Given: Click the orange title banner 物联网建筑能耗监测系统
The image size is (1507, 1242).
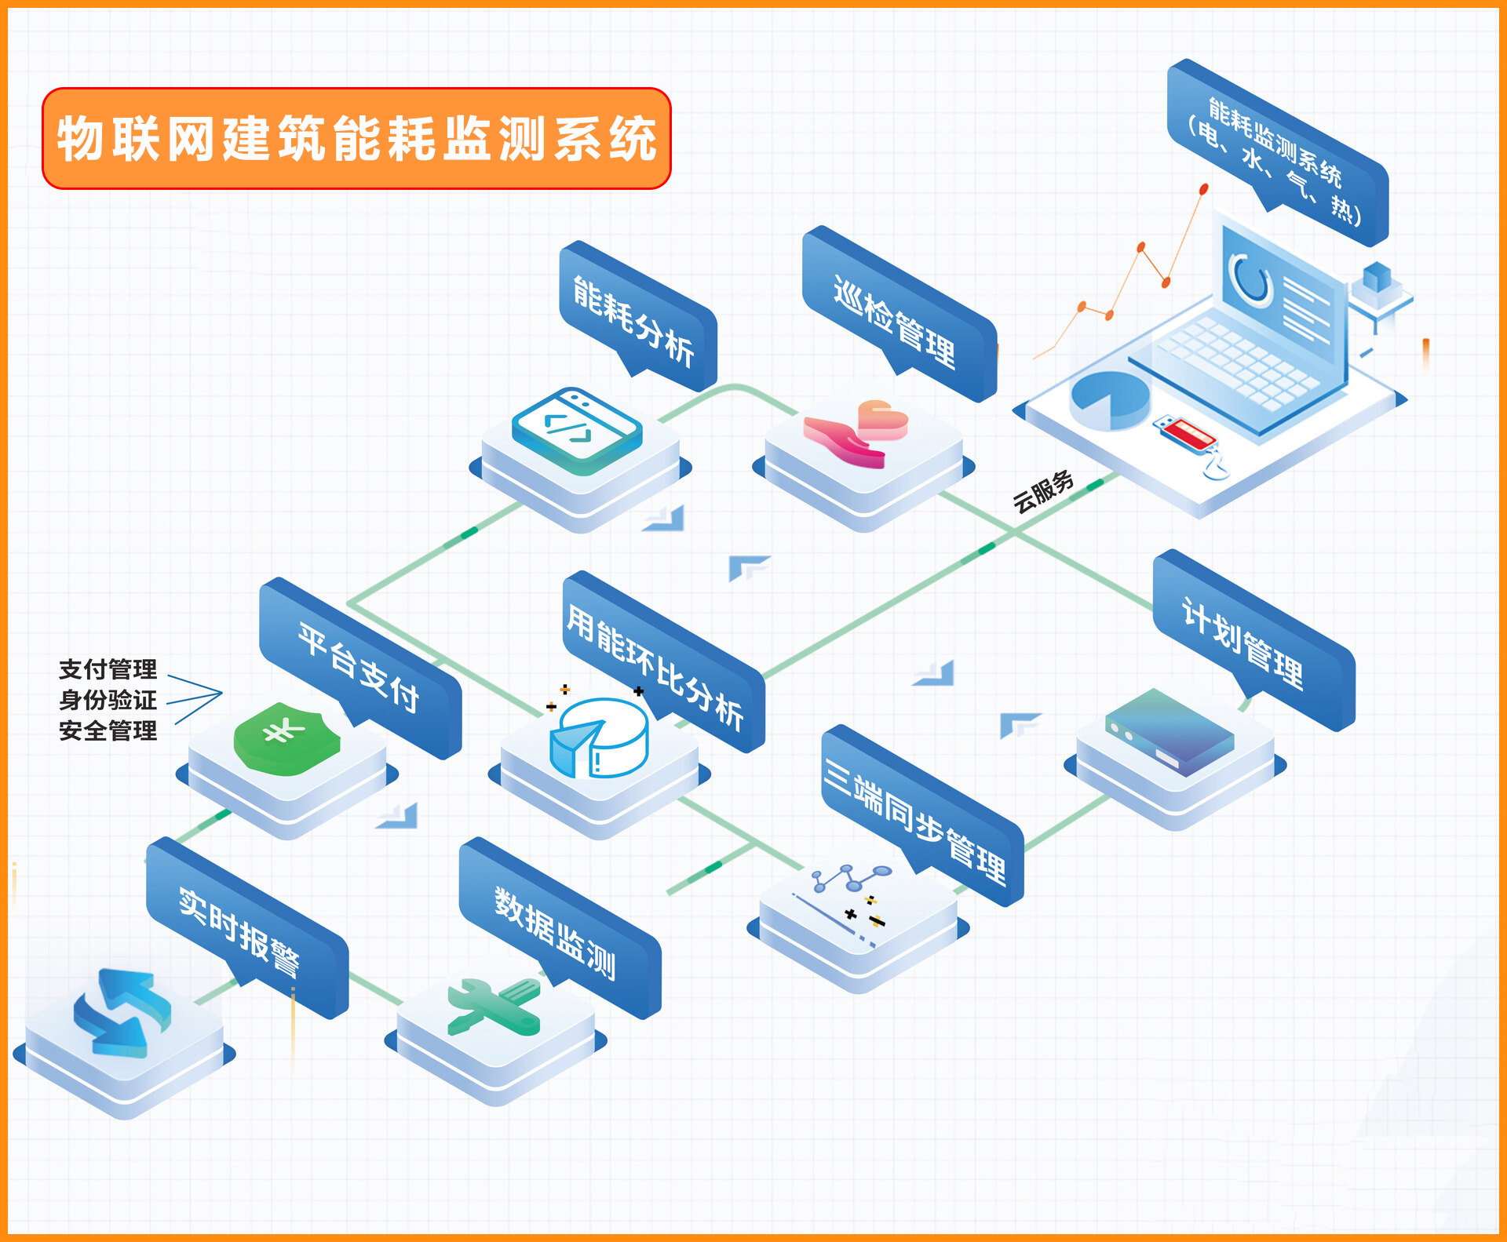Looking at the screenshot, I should pyautogui.click(x=356, y=138).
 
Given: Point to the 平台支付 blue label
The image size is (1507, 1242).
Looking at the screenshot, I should pyautogui.click(x=359, y=666).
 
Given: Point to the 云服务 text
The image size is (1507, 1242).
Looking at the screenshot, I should pyautogui.click(x=1043, y=491).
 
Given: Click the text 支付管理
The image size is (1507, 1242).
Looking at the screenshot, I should pyautogui.click(x=108, y=669).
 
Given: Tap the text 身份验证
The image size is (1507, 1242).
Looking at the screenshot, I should pyautogui.click(x=108, y=700).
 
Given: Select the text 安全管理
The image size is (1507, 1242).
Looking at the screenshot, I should pyautogui.click(x=108, y=730).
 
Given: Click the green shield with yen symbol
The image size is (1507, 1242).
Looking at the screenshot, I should pyautogui.click(x=286, y=738).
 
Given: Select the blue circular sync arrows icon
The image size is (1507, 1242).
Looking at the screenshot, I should pyautogui.click(x=122, y=1013).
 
